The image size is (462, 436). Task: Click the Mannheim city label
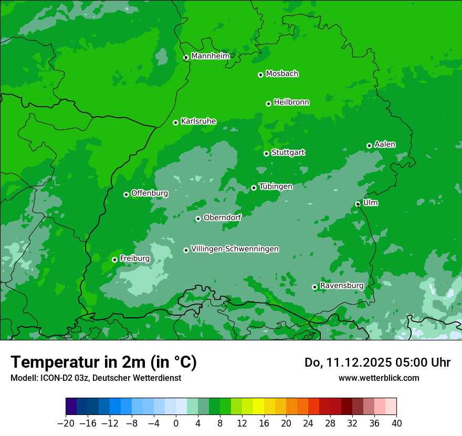[x=210, y=56]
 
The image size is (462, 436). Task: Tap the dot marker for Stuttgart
[x=266, y=153]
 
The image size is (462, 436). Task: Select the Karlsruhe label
[x=198, y=121]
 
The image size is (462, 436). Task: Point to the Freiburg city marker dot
[x=114, y=259]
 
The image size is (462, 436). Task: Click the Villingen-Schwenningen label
[x=235, y=249]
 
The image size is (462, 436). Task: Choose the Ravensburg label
[x=341, y=286]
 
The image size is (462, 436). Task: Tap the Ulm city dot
[x=358, y=204]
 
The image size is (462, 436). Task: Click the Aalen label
[x=385, y=144]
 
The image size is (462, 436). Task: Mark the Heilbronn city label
[x=291, y=102]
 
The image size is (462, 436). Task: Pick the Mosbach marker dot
[x=260, y=75]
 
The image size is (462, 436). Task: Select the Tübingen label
[x=276, y=186]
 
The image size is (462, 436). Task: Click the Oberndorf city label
[x=222, y=217]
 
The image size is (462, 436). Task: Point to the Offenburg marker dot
[x=126, y=194]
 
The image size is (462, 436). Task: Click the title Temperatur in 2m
[x=103, y=362]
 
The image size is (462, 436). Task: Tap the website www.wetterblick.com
[x=379, y=378]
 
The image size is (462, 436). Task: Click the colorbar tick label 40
[x=396, y=423]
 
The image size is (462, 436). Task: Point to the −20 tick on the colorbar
[x=66, y=423]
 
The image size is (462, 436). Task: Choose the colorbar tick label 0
[x=176, y=423]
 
